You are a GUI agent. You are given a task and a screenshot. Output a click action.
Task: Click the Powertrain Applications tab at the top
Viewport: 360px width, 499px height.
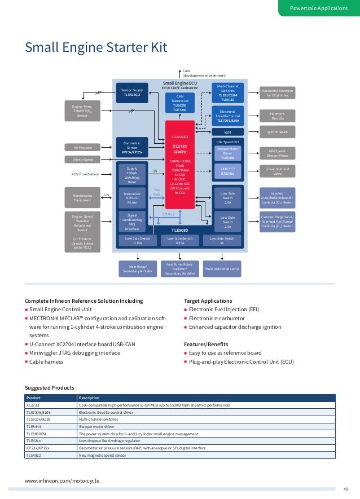319,8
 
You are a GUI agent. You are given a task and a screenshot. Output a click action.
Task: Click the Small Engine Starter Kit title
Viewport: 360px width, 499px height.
96,47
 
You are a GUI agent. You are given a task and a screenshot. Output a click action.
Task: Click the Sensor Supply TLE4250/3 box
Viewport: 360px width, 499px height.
133,92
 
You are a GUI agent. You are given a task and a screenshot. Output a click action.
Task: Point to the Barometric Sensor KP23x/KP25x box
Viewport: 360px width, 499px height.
133,147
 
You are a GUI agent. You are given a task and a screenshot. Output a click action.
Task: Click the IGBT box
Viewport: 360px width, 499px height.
228,133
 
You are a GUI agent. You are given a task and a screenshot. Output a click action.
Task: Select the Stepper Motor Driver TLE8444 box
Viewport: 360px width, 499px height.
228,153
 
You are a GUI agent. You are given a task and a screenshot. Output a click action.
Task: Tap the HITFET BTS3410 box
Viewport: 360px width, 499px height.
228,171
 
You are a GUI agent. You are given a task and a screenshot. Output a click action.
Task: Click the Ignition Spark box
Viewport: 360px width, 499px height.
277,133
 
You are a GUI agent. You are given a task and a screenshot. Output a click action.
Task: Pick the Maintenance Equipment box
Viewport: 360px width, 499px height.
82,197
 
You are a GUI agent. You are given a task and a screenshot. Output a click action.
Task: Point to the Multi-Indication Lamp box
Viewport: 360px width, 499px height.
222,269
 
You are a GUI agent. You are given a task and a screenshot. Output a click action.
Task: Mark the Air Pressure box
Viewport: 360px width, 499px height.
82,147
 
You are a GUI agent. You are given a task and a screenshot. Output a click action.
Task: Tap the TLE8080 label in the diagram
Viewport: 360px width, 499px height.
180,230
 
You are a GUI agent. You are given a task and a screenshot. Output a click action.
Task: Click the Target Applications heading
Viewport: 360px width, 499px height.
208,301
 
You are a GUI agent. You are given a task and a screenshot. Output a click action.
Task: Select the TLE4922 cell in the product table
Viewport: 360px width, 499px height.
35,455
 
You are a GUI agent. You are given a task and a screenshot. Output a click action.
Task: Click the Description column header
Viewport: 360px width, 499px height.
89,398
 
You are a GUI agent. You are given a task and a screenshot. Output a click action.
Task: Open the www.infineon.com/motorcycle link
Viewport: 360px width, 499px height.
62,480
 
